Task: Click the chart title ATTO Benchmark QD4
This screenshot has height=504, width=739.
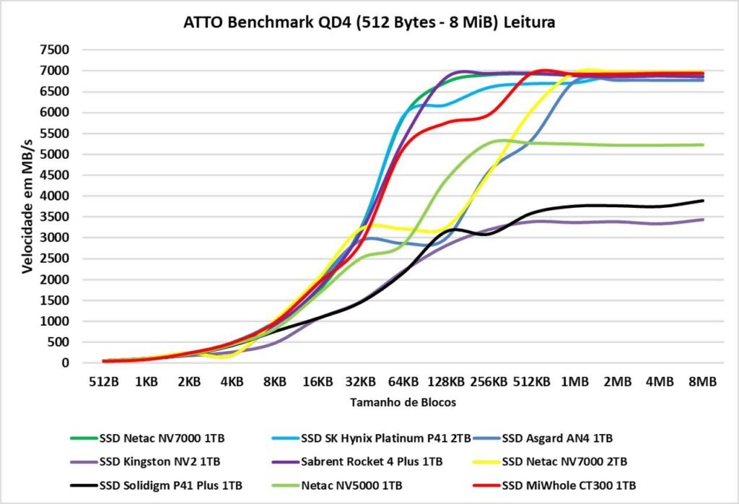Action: (369, 23)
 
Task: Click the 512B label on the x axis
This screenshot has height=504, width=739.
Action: (104, 381)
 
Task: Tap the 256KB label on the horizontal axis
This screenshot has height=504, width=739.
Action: (489, 381)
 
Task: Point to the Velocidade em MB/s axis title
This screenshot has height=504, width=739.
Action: (27, 207)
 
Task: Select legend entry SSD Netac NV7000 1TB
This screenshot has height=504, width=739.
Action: (163, 438)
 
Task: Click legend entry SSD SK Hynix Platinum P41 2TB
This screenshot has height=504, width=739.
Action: (386, 438)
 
